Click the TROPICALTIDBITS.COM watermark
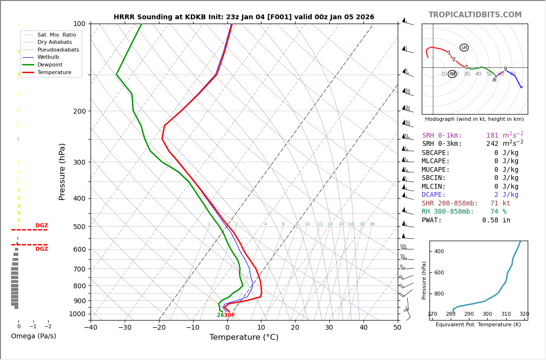click(475, 15)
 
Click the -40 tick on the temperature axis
click(91, 328)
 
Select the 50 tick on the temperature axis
click(397, 328)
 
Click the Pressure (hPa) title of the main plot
click(62, 171)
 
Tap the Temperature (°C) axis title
click(244, 337)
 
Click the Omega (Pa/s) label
click(33, 336)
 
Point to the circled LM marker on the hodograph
click(464, 48)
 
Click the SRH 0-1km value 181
click(492, 136)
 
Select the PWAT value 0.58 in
click(496, 220)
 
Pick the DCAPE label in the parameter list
click(434, 195)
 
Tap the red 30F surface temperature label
click(229, 315)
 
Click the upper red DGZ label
click(41, 226)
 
